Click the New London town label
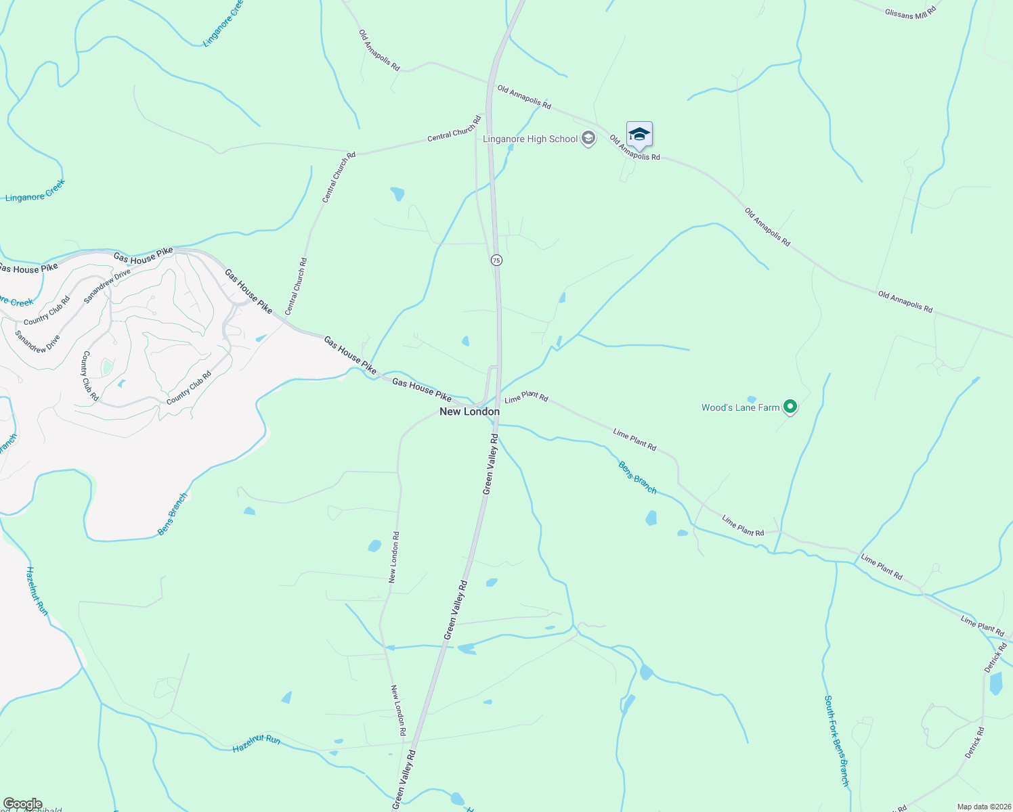[x=469, y=411]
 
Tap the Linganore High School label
[x=530, y=139]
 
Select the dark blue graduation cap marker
[x=639, y=134]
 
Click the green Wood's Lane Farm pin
[x=790, y=407]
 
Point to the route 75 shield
[x=496, y=261]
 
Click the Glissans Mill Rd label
[x=909, y=12]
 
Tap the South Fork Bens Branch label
[x=836, y=740]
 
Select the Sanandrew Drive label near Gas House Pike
[x=107, y=286]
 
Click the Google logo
[x=22, y=804]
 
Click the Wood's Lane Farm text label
[x=740, y=407]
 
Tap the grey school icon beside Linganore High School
[x=588, y=139]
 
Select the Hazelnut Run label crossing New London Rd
[x=256, y=744]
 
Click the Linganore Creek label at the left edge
[x=35, y=191]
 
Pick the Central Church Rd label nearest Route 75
[x=454, y=129]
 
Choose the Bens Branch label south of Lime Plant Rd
[x=637, y=476]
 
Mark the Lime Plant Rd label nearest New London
[x=526, y=397]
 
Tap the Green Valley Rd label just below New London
[x=490, y=465]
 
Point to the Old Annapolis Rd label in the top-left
[x=379, y=50]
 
